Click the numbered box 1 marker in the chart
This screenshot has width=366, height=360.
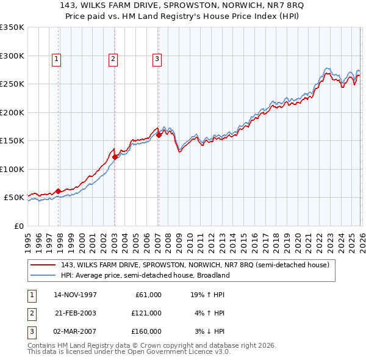point(56,59)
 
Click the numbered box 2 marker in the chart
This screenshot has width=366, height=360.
point(113,59)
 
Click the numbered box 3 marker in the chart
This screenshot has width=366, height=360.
point(157,59)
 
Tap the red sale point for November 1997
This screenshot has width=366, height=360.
point(59,191)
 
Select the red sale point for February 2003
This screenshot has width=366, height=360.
point(115,157)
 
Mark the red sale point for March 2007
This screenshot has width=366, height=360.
point(159,135)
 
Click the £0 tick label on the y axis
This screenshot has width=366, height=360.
point(18,226)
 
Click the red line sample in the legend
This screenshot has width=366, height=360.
point(44,265)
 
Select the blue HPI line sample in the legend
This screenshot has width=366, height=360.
point(44,275)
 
